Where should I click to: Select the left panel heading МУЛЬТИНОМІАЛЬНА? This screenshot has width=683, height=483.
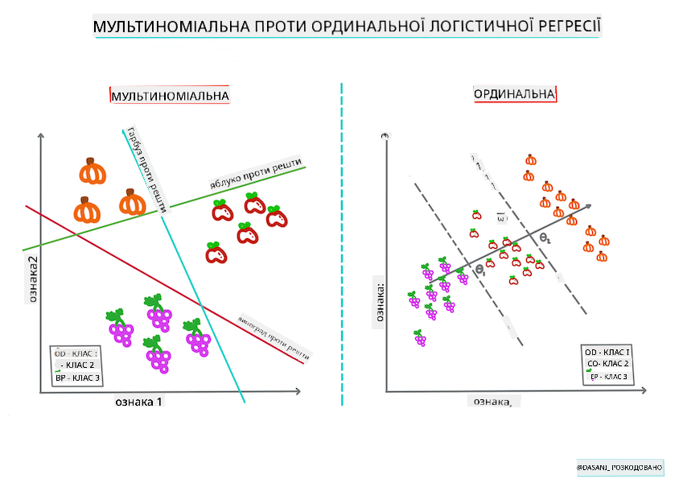click(x=170, y=97)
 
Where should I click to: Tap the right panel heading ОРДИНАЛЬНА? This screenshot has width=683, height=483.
click(x=515, y=94)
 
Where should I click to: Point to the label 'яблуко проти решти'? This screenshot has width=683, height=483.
click(x=255, y=174)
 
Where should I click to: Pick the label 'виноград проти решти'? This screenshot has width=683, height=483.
click(x=274, y=333)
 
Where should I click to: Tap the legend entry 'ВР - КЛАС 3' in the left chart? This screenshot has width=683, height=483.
click(x=75, y=377)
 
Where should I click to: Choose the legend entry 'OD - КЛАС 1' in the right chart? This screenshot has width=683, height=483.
click(x=607, y=353)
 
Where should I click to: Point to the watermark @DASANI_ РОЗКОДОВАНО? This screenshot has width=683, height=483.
click(x=619, y=467)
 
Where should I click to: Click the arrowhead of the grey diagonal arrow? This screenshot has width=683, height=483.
click(x=589, y=205)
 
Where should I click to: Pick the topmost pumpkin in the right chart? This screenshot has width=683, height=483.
click(x=530, y=159)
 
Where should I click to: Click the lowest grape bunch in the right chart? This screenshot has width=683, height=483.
click(x=419, y=338)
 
